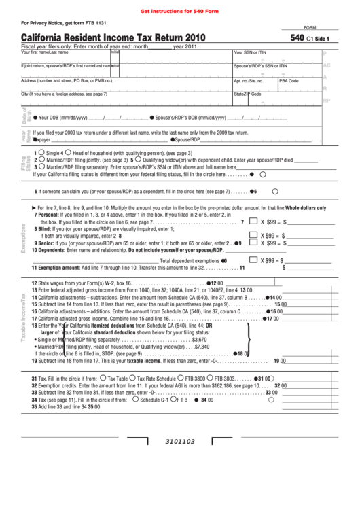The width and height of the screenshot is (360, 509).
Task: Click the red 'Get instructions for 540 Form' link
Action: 179,11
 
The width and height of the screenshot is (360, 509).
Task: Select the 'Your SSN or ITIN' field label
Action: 250,52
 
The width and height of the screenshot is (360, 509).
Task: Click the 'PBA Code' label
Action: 289,80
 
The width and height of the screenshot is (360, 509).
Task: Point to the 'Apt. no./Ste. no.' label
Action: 249,80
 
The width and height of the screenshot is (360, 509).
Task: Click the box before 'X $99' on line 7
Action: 253,222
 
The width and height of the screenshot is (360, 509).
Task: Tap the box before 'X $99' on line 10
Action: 253,260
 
